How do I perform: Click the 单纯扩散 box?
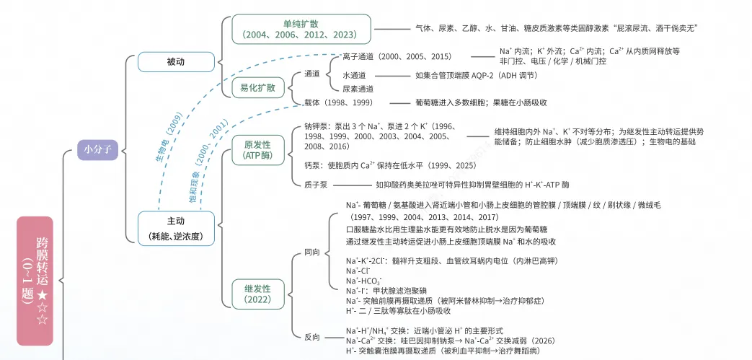pyautogui.click(x=301, y=29)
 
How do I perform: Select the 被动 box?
pyautogui.click(x=175, y=62)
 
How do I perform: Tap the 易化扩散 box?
pyautogui.click(x=257, y=87)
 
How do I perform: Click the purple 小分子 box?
pyautogui.click(x=98, y=149)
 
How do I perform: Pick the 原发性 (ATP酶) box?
pyautogui.click(x=257, y=150)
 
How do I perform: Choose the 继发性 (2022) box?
pyautogui.click(x=257, y=294)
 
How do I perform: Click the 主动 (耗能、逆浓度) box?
pyautogui.click(x=175, y=229)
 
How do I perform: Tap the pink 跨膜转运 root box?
pyautogui.click(x=35, y=281)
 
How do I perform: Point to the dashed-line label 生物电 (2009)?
pyautogui.click(x=168, y=138)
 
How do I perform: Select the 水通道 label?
pyautogui.click(x=354, y=75)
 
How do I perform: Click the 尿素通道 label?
pyautogui.click(x=358, y=89)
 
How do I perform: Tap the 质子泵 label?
pyautogui.click(x=316, y=184)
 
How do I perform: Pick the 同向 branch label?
pyautogui.click(x=311, y=253)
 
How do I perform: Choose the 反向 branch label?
pyautogui.click(x=311, y=337)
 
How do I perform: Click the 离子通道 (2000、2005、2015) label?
pyautogui.click(x=397, y=57)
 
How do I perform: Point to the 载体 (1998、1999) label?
pyautogui.click(x=339, y=102)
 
